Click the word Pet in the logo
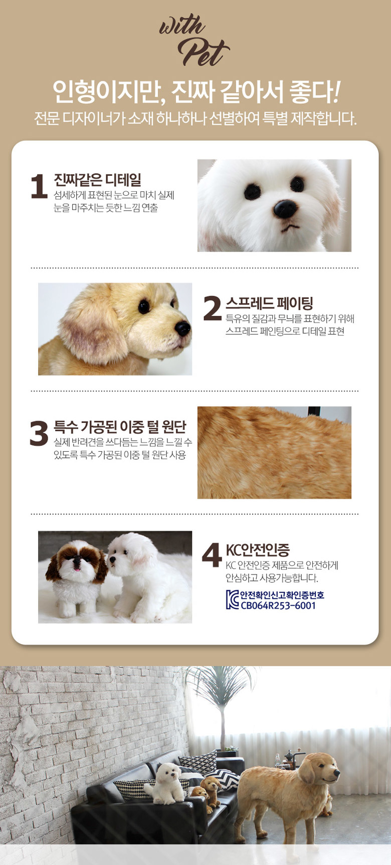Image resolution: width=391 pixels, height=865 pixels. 203,52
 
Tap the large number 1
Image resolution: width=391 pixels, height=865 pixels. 39,186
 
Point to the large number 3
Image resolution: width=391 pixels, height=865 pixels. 39,433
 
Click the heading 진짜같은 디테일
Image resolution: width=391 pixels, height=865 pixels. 97,180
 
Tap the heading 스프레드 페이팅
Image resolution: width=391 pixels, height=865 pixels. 269,303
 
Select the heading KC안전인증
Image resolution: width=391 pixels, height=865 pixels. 257,550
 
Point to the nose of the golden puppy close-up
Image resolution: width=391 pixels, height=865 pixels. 182,328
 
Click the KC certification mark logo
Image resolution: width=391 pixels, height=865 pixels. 233,600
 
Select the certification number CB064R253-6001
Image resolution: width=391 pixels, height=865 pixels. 278,605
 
